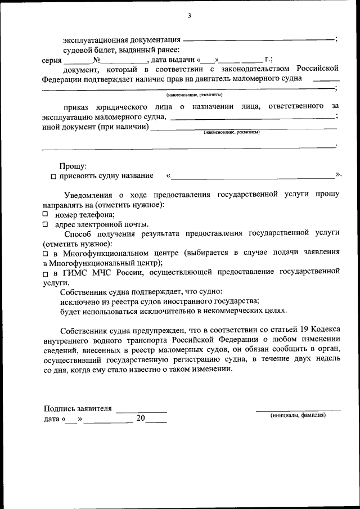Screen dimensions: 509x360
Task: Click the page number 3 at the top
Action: [x=190, y=16]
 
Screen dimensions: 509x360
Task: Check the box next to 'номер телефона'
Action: [x=46, y=214]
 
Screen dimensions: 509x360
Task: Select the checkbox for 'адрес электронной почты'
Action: [x=46, y=224]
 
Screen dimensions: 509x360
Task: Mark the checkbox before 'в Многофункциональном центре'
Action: [x=46, y=254]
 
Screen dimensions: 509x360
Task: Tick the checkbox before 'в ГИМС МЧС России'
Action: [x=46, y=273]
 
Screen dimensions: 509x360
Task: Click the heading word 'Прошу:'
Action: [x=73, y=166]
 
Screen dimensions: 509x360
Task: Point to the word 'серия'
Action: [x=52, y=60]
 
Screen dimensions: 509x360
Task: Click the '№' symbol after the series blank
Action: [x=96, y=60]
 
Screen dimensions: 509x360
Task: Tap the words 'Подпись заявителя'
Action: [x=78, y=409]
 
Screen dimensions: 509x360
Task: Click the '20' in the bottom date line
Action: [x=141, y=419]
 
